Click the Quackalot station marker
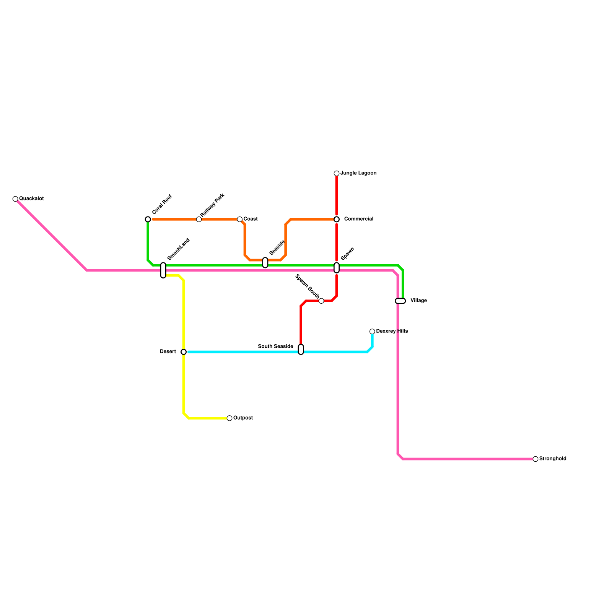click(x=15, y=199)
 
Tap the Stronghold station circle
click(x=535, y=459)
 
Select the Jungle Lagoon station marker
click(x=337, y=174)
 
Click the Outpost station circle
click(x=229, y=418)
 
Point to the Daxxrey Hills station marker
click(x=372, y=332)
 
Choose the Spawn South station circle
click(x=321, y=301)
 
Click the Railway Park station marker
click(x=199, y=220)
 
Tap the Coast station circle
click(x=240, y=220)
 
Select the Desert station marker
click(x=184, y=352)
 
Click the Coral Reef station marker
click(x=148, y=219)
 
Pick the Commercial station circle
click(x=337, y=220)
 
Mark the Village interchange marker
click(x=400, y=301)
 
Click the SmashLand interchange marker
click(x=163, y=270)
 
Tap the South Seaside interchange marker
click(x=301, y=350)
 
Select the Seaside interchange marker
click(x=265, y=263)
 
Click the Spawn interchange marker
click(x=337, y=268)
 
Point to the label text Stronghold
click(x=553, y=459)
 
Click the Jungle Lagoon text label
click(x=358, y=173)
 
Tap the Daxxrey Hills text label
click(x=392, y=331)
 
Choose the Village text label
click(x=418, y=301)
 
